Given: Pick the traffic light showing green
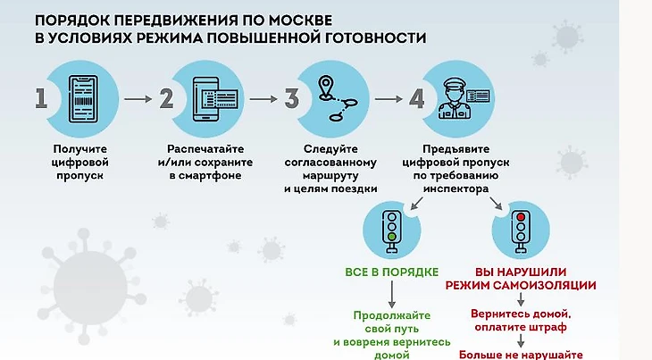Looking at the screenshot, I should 391,229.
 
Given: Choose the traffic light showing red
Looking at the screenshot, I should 522,229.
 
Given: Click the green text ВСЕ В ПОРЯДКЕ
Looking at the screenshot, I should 391,272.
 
